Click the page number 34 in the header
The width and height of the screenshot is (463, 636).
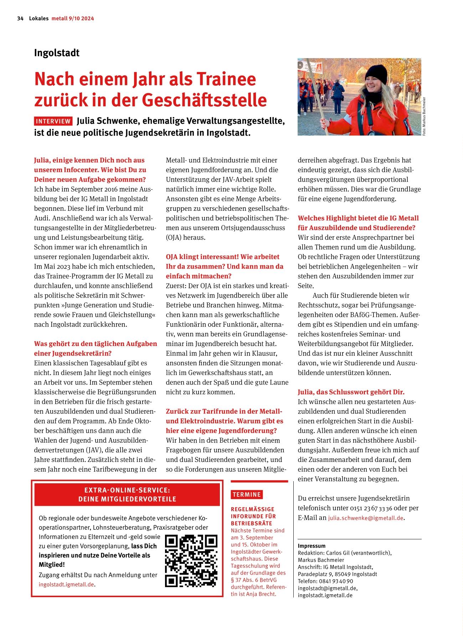pos(20,19)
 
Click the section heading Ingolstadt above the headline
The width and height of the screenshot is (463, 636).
pos(57,53)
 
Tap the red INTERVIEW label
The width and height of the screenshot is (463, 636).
pos(53,121)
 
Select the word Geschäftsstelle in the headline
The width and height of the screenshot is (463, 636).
pos(205,100)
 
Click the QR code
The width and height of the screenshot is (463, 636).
pos(191,561)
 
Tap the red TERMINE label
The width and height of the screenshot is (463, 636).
pos(247,494)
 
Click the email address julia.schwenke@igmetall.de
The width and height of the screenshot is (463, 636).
pos(366,518)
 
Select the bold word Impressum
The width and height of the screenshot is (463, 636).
pos(312,546)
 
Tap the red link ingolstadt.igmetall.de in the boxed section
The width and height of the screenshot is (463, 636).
pos(67,584)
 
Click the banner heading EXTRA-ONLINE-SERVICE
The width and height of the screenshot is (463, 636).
pos(127,491)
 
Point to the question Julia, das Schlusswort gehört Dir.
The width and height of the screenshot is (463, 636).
pos(351,392)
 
